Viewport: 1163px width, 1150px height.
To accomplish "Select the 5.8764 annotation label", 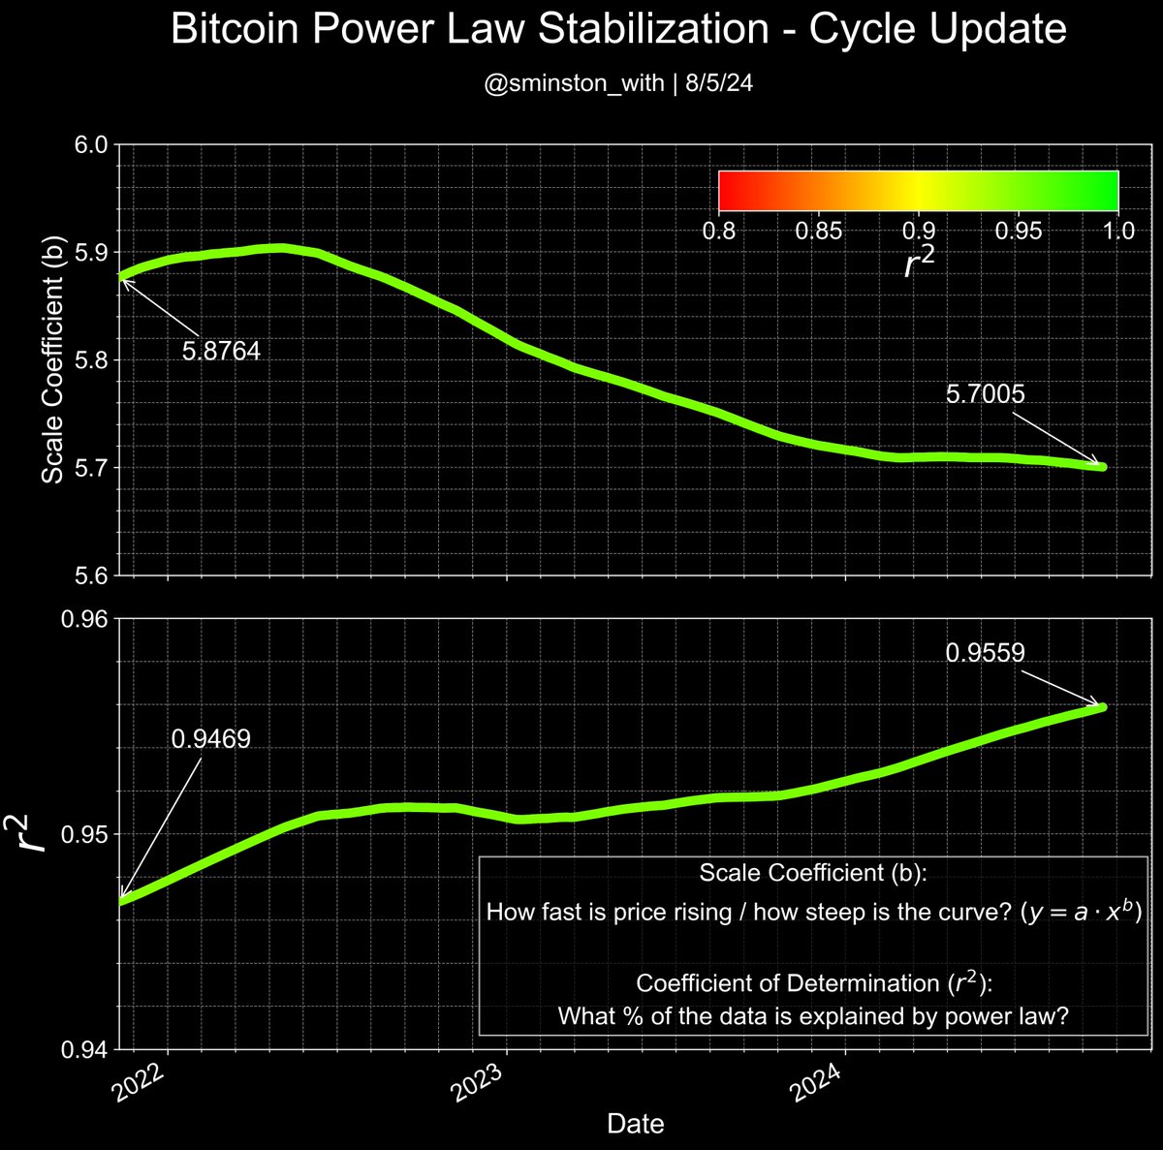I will [x=221, y=351].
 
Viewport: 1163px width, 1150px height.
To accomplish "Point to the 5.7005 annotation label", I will [x=985, y=394].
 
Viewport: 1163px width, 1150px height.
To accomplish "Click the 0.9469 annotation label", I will [x=210, y=739].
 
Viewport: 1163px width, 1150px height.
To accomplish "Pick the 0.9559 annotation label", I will [x=985, y=654].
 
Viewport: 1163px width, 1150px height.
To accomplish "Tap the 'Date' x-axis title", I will [x=635, y=1124].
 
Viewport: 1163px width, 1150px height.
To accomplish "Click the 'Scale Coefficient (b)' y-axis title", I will [x=53, y=360].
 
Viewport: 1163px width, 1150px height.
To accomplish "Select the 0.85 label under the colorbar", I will [x=818, y=231].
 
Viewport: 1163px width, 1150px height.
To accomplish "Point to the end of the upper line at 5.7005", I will [x=1102, y=467].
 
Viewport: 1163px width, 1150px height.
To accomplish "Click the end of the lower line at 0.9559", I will [x=1102, y=707].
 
